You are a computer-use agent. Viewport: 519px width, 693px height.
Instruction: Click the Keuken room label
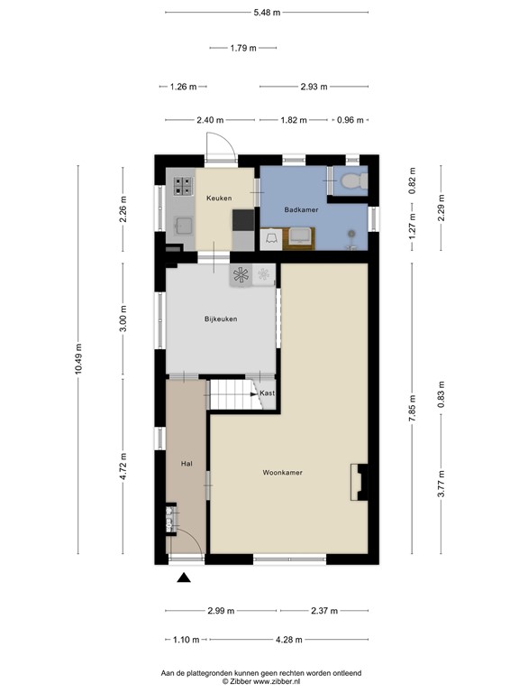click(219, 198)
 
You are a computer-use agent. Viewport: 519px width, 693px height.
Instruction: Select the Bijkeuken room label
click(221, 318)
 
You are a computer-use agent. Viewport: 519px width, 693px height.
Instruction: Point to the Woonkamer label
click(282, 472)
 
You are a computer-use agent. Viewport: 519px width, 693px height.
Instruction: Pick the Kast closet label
click(267, 393)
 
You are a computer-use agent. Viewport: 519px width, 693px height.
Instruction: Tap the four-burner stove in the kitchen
click(184, 186)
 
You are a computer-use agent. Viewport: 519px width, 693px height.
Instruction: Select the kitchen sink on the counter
click(184, 223)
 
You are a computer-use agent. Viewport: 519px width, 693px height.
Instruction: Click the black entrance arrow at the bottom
click(185, 579)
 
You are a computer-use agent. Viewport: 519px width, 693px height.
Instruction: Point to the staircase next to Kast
click(232, 394)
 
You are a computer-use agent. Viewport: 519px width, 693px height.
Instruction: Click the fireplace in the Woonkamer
click(360, 481)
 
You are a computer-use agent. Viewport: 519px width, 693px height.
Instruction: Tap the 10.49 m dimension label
click(79, 361)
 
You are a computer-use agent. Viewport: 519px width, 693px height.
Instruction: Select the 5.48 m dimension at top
click(268, 13)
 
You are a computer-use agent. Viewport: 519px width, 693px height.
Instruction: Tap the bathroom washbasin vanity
click(300, 236)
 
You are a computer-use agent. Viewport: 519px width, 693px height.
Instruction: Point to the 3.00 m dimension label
click(123, 319)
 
